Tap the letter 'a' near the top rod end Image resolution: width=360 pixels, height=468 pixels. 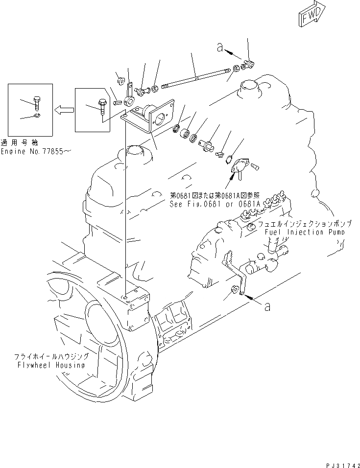(x=220, y=47)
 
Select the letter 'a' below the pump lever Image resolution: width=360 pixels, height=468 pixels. (x=267, y=307)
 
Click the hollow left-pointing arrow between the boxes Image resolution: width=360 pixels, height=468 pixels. (x=64, y=110)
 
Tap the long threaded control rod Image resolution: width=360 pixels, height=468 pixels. (x=196, y=78)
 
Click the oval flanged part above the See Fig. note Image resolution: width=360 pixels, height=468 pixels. (x=237, y=167)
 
